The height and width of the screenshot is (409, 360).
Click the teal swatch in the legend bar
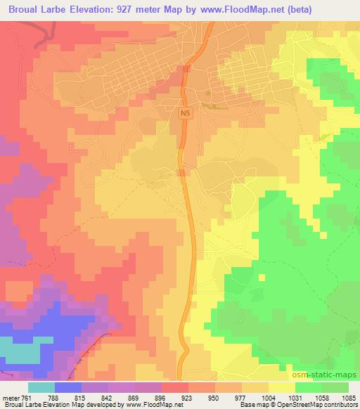[x=41, y=388]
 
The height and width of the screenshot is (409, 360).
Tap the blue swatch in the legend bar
[x=69, y=388]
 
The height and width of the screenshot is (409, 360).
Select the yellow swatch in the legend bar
[x=281, y=388]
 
